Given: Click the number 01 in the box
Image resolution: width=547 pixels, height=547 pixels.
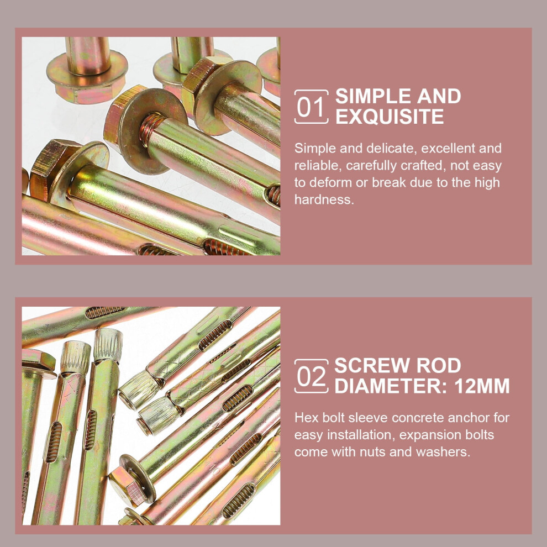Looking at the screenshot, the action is pos(311,107).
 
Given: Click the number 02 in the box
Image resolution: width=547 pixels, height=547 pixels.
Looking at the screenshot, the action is pos(311,376).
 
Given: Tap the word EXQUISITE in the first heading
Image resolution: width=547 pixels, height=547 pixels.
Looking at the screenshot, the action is pos(390,117).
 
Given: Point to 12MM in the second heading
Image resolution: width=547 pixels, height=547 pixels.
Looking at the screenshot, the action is pos(482,386).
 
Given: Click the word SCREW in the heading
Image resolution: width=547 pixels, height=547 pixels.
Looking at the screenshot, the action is pos(372,365).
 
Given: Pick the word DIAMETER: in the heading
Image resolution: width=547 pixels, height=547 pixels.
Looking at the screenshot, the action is pos(391,386).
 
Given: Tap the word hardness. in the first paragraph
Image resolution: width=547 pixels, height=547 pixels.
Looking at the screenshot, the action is pos(324,199).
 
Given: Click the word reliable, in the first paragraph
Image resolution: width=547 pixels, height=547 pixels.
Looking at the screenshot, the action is pos(317,166).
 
